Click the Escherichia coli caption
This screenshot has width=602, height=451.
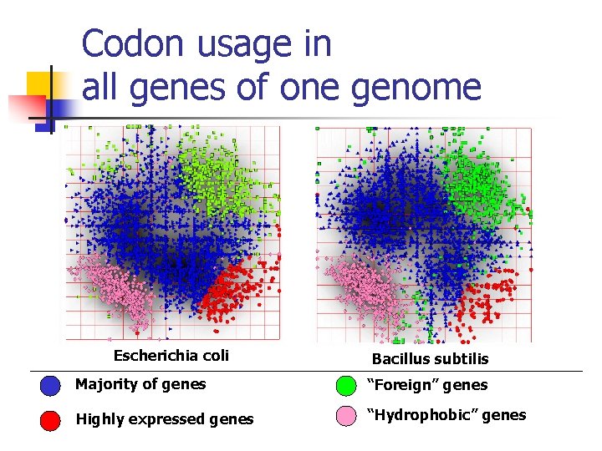[x=171, y=356]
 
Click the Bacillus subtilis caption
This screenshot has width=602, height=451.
[x=430, y=358]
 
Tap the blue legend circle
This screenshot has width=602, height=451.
[x=51, y=386]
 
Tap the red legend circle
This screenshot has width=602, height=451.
[x=51, y=420]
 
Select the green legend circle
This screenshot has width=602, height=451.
[x=345, y=386]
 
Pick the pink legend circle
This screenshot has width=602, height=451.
[x=345, y=417]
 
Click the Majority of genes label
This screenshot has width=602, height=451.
[x=140, y=384]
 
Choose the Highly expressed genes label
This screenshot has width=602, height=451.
[x=164, y=419]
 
